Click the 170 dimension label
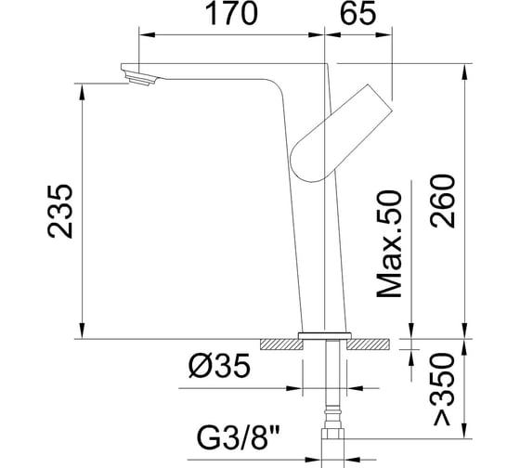point(231,13)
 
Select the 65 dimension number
point(358,13)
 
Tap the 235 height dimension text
point(60,212)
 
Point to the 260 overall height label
point(443,201)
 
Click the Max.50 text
point(389,244)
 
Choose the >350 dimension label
point(443,389)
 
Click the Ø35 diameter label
point(219,366)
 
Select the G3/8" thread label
point(239,437)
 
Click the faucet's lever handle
point(342,134)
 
